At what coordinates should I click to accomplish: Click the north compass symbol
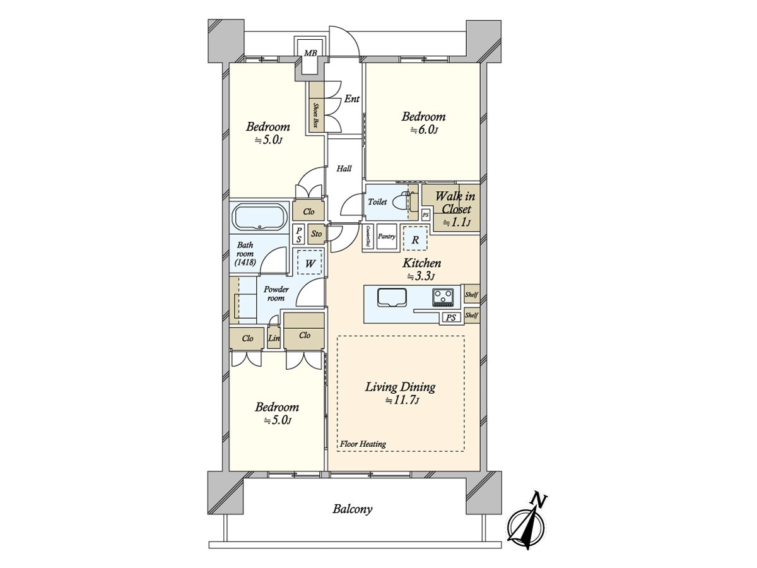tap(527, 521)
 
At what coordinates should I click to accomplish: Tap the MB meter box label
tap(310, 54)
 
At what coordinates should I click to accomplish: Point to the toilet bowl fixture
tap(402, 203)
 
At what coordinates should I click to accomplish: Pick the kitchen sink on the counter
tap(392, 296)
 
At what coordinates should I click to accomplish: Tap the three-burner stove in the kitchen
tap(443, 296)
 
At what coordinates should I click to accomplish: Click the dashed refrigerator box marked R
tap(414, 239)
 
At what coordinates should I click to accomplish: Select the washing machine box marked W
tap(310, 263)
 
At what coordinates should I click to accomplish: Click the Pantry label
tap(386, 237)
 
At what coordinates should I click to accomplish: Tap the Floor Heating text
tap(363, 444)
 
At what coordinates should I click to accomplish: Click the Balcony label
tap(353, 509)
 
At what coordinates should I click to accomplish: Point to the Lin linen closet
tap(273, 338)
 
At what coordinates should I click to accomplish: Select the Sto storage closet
tap(317, 234)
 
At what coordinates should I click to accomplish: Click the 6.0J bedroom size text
tap(424, 131)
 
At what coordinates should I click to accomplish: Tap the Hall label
tap(344, 169)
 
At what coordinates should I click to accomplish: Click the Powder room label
tap(276, 293)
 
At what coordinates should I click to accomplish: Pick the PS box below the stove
tap(450, 318)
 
